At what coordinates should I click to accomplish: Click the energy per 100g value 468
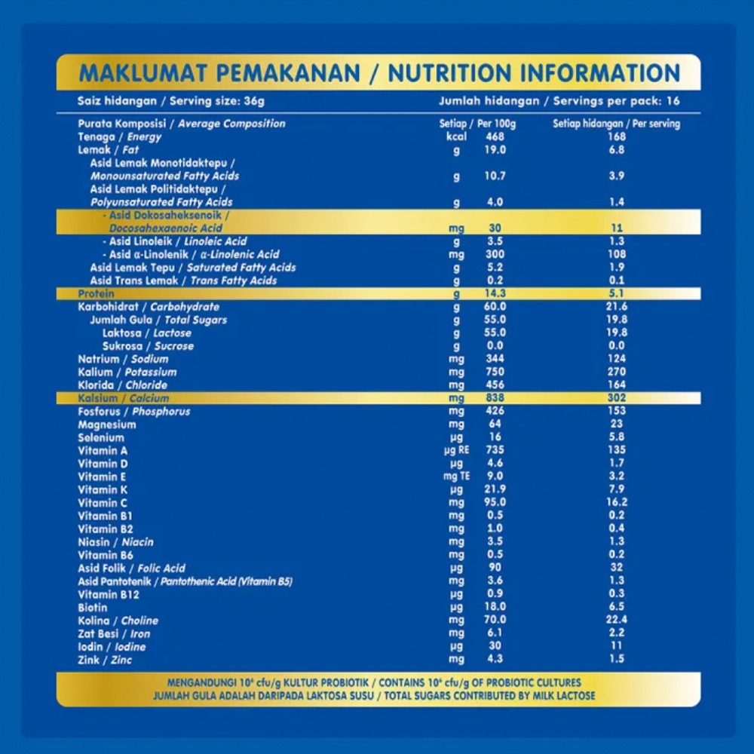tap(495, 136)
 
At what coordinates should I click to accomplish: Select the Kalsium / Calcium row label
tap(123, 398)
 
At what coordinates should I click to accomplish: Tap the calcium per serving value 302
tap(617, 398)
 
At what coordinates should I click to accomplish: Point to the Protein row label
tap(97, 293)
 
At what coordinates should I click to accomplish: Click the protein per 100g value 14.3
tap(495, 293)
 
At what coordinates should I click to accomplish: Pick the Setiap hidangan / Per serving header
tap(616, 124)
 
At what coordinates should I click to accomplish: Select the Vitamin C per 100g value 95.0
tap(495, 502)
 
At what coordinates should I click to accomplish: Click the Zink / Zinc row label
tap(105, 660)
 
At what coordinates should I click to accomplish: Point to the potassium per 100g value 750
tap(495, 372)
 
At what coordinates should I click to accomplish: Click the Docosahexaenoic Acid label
tap(166, 228)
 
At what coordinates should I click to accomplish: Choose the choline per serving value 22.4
tap(617, 620)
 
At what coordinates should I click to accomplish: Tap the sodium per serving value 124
tap(617, 359)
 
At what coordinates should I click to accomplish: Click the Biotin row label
tap(93, 607)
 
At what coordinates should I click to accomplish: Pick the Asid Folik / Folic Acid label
tap(131, 568)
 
